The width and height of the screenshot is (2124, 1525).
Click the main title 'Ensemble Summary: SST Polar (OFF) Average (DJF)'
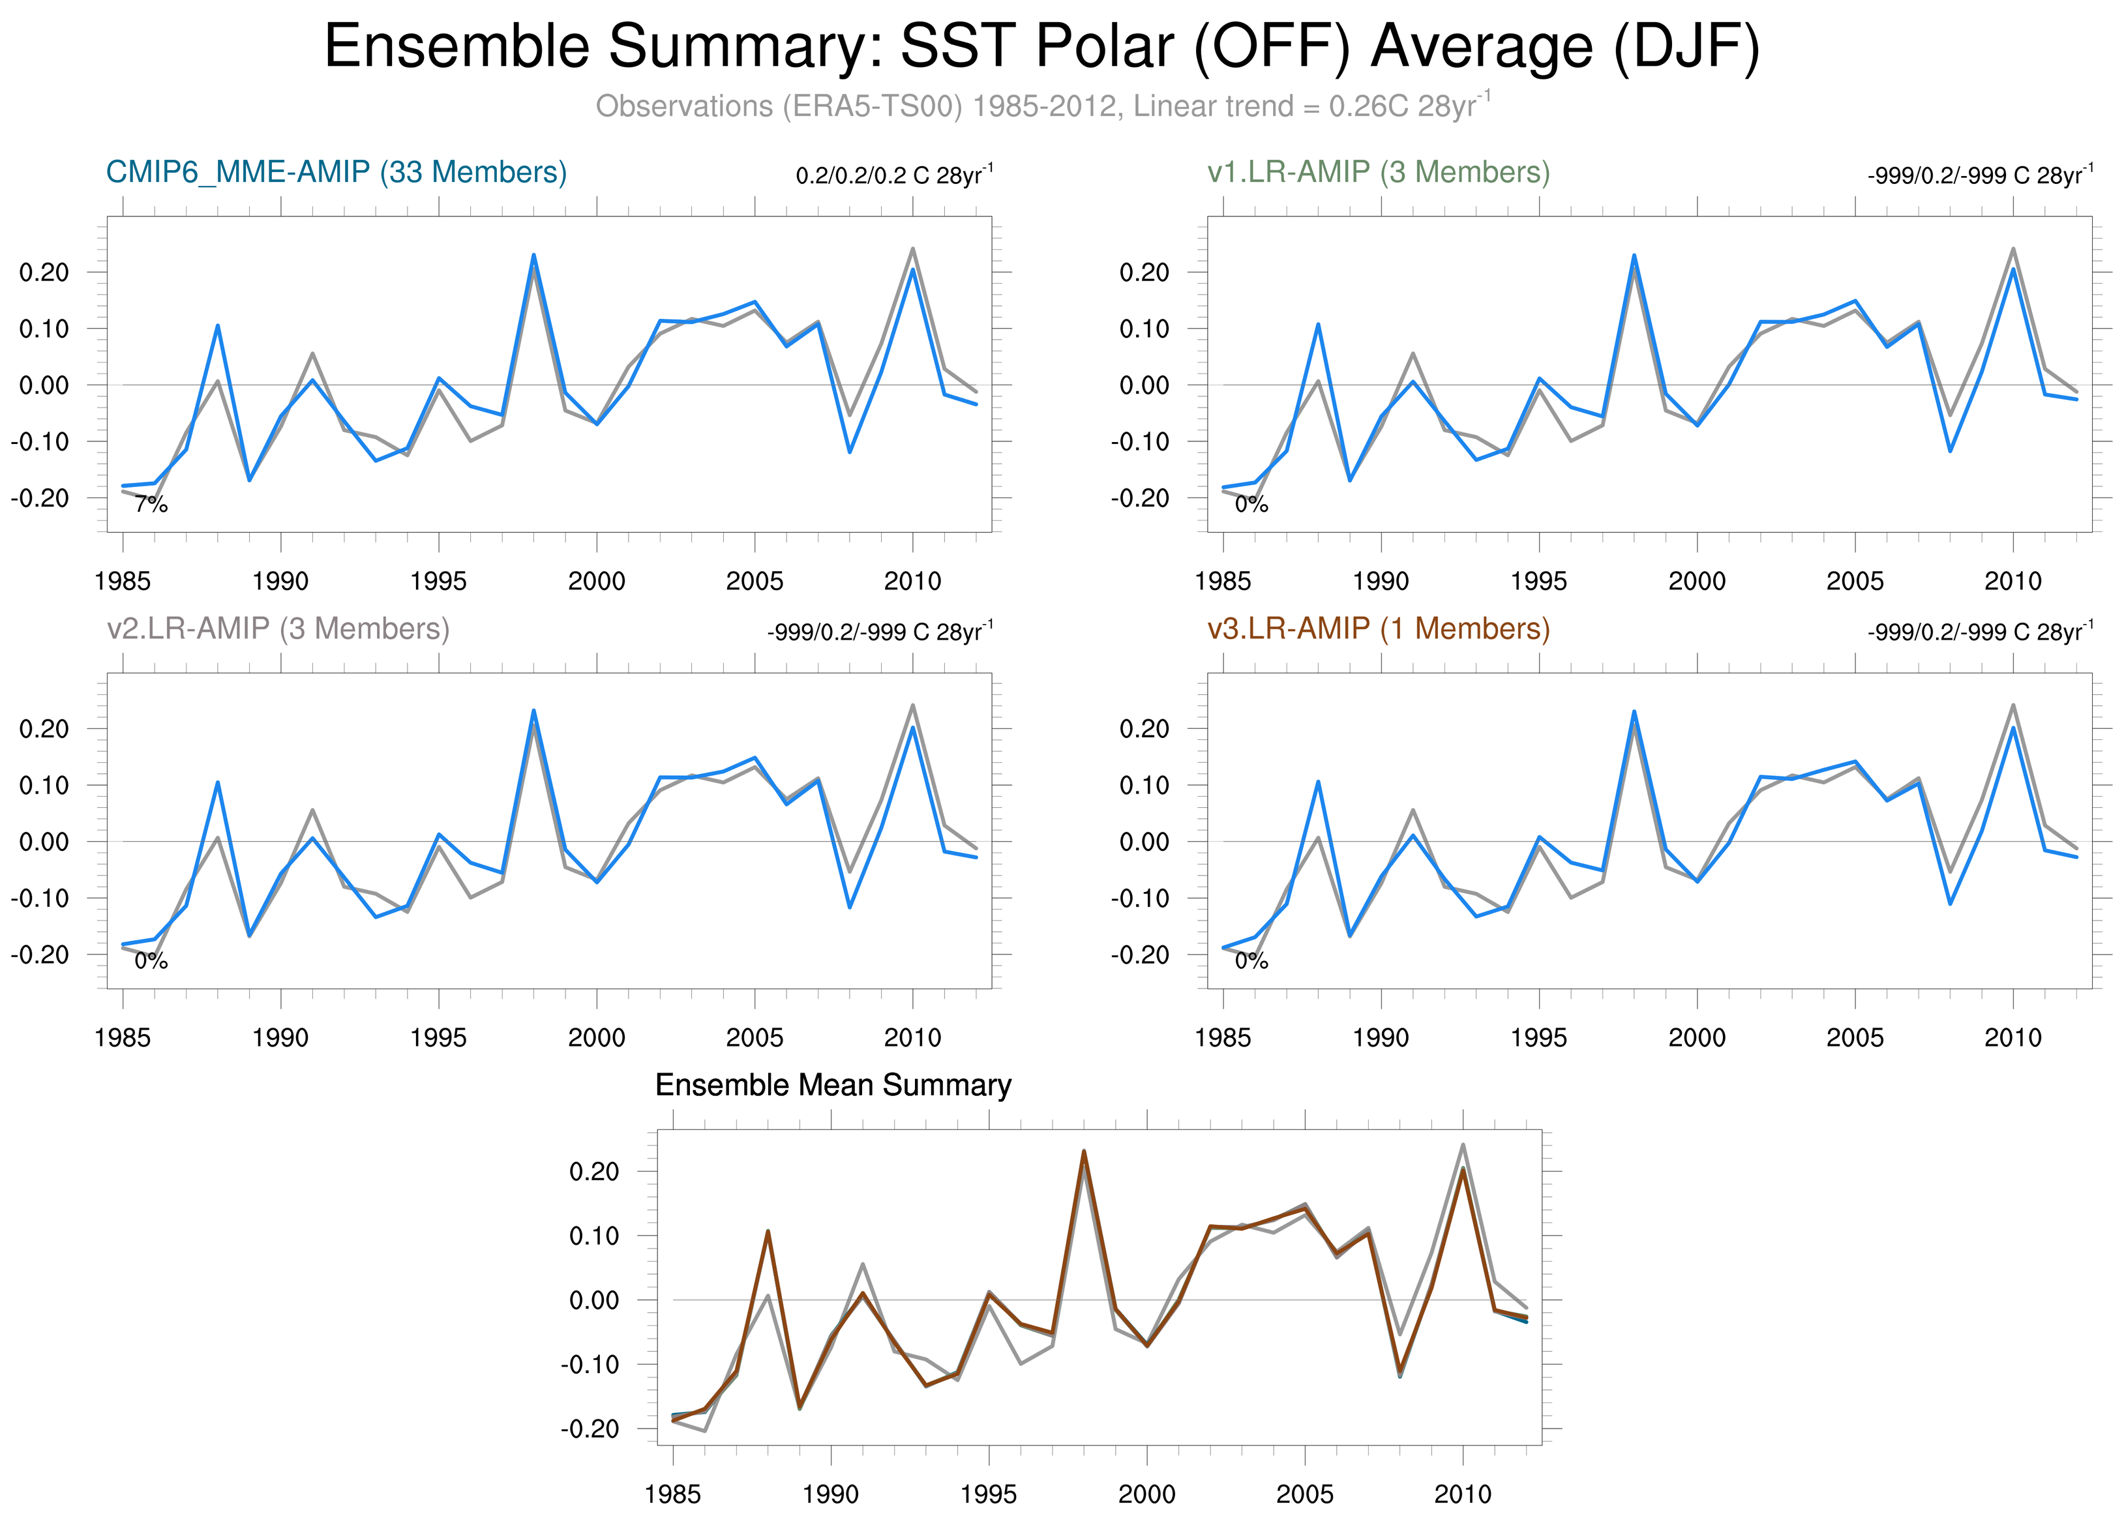pyautogui.click(x=1041, y=47)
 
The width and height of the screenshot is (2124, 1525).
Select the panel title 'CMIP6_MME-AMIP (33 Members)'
pyautogui.click(x=337, y=172)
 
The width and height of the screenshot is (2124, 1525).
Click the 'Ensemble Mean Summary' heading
pyautogui.click(x=833, y=1085)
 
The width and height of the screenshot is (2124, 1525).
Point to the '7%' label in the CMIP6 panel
pyautogui.click(x=151, y=505)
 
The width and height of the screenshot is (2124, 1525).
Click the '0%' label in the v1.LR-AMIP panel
pyautogui.click(x=1251, y=505)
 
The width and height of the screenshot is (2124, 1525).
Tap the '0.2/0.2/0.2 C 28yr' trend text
pyautogui.click(x=893, y=175)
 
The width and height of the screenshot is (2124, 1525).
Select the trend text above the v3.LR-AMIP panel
pyautogui.click(x=1980, y=632)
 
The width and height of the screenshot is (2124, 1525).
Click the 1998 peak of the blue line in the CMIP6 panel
pyautogui.click(x=534, y=255)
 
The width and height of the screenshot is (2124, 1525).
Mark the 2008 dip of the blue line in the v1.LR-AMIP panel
pyautogui.click(x=1950, y=451)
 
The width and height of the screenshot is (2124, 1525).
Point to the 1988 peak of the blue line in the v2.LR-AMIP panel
pyautogui.click(x=218, y=782)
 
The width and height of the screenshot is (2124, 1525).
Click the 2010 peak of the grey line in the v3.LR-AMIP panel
pyautogui.click(x=2014, y=705)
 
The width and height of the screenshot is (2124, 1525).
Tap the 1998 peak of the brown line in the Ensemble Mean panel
pyautogui.click(x=1084, y=1151)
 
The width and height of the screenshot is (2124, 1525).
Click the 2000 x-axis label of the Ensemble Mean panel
pyautogui.click(x=1146, y=1494)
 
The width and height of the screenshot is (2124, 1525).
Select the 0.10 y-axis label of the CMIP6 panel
pyautogui.click(x=44, y=329)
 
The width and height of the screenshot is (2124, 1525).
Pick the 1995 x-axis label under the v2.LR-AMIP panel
pyautogui.click(x=438, y=1037)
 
